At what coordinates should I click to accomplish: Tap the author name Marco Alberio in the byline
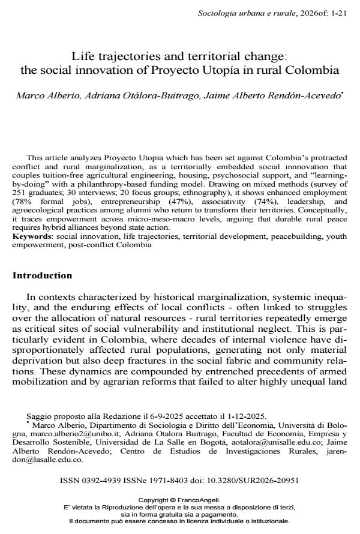45,95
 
